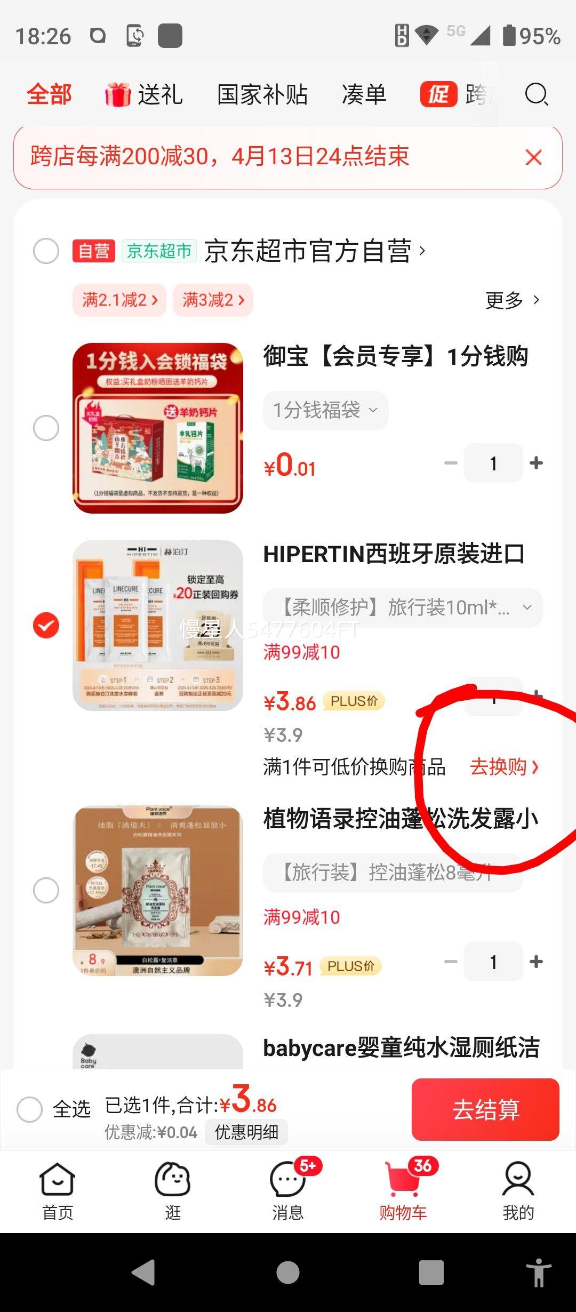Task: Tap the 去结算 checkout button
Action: pos(485,1109)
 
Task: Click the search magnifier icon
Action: pos(536,95)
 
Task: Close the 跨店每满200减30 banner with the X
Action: pos(533,157)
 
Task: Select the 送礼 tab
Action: pos(145,95)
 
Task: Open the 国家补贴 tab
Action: pos(262,95)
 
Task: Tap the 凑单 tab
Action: pos(364,95)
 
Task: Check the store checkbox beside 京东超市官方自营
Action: pos(46,251)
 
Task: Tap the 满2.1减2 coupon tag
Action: pos(119,300)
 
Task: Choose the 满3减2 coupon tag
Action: pos(213,300)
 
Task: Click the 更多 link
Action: pos(512,300)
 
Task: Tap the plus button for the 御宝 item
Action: pos(536,463)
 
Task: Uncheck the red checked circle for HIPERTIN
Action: pos(46,625)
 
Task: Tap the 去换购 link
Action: pos(504,767)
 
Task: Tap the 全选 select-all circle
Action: pos(29,1110)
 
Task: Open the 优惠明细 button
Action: pos(246,1132)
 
